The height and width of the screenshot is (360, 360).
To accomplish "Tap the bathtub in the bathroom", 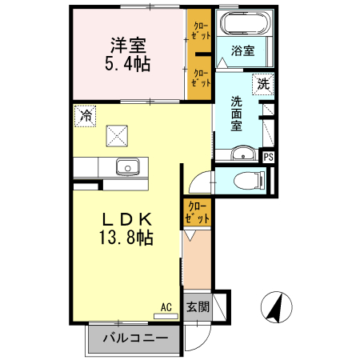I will click(243, 23).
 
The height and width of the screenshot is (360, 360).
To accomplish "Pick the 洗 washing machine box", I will click(262, 82).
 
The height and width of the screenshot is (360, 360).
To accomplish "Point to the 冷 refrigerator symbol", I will click(84, 115).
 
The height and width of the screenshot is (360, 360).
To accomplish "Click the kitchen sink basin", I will click(127, 167).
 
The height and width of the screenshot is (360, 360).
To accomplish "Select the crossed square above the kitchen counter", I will click(119, 135).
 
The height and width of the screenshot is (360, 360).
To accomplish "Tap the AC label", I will click(166, 306).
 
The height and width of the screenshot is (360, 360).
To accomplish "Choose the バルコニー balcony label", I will click(134, 339).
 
